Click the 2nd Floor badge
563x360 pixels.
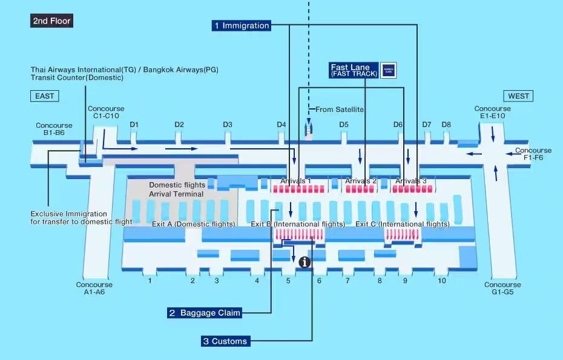pyautogui.click(x=52, y=21)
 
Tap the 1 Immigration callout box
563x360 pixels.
pyautogui.click(x=240, y=25)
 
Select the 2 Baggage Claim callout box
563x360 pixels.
pyautogui.click(x=205, y=313)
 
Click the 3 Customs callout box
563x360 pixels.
pyautogui.click(x=225, y=341)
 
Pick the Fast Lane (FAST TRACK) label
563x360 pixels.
pyautogui.click(x=354, y=70)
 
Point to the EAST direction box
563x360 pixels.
pyautogui.click(x=44, y=96)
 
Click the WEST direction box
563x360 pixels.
pyautogui.click(x=518, y=96)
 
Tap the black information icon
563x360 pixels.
pyautogui.click(x=305, y=262)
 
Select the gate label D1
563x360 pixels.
pyautogui.click(x=134, y=125)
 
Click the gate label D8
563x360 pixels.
pyautogui.click(x=446, y=125)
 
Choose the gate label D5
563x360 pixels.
pyautogui.click(x=344, y=125)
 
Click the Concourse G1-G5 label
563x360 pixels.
pyautogui.click(x=502, y=288)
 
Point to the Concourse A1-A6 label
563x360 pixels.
pyautogui.click(x=94, y=288)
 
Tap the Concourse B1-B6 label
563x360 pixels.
pyautogui.click(x=54, y=129)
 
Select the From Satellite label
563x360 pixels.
pyautogui.click(x=340, y=110)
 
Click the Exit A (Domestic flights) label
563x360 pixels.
pyautogui.click(x=193, y=224)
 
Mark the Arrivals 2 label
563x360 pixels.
pyautogui.click(x=361, y=181)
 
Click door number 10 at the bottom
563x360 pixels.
pyautogui.click(x=442, y=281)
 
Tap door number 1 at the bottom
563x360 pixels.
pyautogui.click(x=150, y=281)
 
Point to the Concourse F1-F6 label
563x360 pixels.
pyautogui.click(x=533, y=154)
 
